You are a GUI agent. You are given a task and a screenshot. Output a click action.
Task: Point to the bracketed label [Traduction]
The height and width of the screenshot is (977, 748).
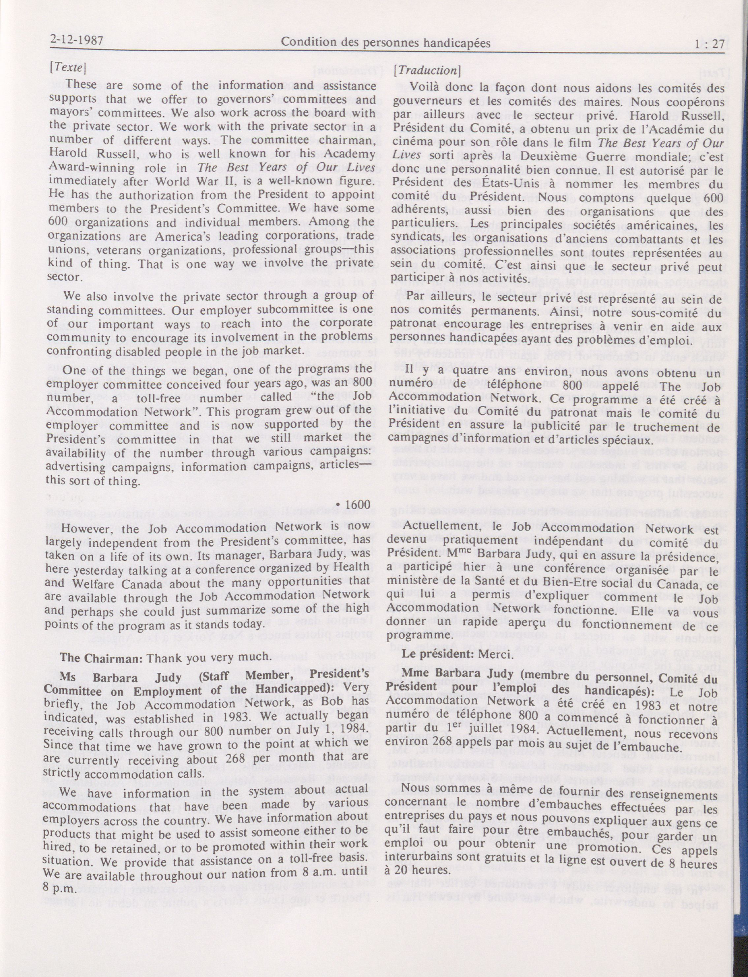[426, 70]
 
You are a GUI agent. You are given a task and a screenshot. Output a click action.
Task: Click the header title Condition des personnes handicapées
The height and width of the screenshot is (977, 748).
[386, 43]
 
